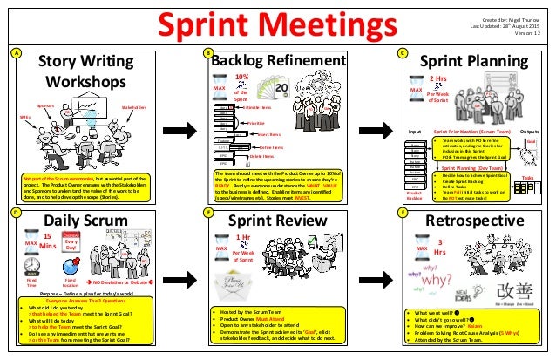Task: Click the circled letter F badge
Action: [x=402, y=211]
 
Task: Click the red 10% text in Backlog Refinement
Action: [x=243, y=77]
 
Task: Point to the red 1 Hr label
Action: [x=245, y=236]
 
